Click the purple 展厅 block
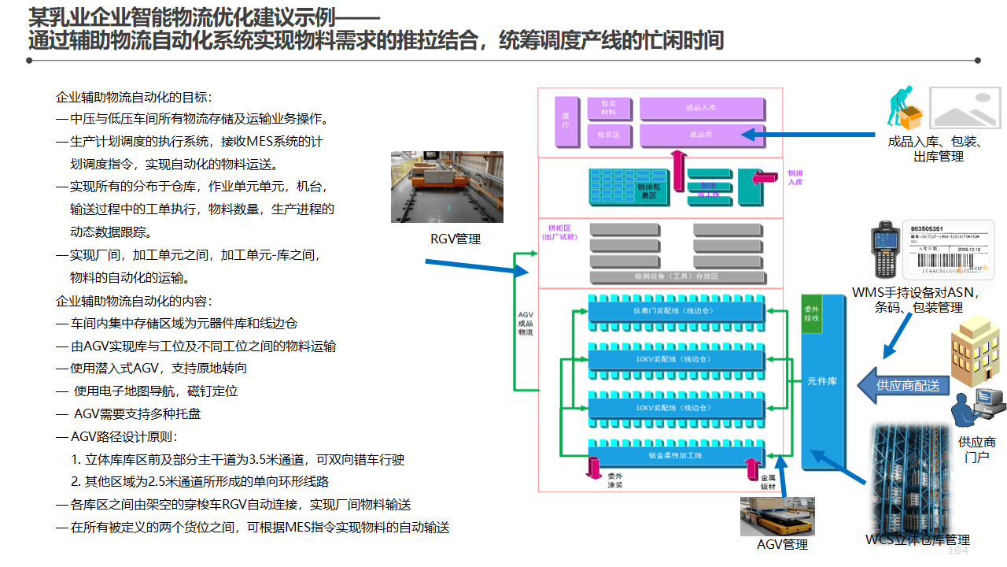(x=565, y=122)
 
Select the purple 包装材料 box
(x=608, y=108)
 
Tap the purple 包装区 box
(x=608, y=135)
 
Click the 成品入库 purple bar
(x=701, y=108)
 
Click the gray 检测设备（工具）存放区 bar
(x=676, y=276)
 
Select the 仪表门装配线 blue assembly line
(x=676, y=310)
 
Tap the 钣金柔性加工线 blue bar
(x=676, y=454)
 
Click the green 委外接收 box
(x=811, y=314)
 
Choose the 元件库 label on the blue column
(x=821, y=381)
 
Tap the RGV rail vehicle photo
(x=447, y=187)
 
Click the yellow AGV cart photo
(x=777, y=517)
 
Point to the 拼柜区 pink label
(x=559, y=232)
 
